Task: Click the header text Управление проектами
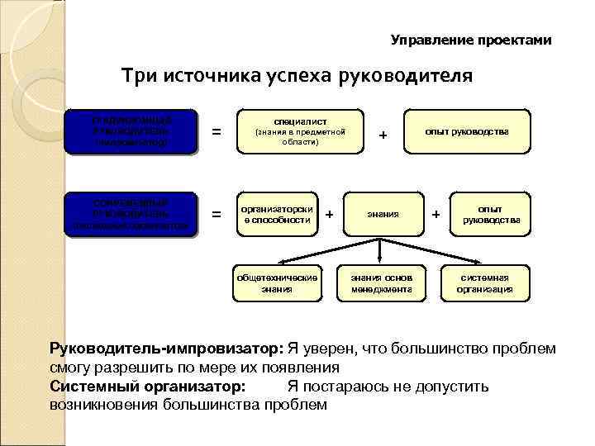(x=470, y=40)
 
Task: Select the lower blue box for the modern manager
(x=131, y=214)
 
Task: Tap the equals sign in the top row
(x=217, y=131)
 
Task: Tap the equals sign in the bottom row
(x=217, y=215)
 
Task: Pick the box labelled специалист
(x=295, y=130)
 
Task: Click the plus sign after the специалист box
(x=383, y=135)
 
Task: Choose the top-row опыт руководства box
(x=468, y=131)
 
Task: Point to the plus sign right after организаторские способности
(x=330, y=215)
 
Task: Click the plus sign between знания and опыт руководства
(x=436, y=216)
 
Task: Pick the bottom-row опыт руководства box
(x=490, y=214)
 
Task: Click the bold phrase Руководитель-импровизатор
(x=166, y=349)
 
